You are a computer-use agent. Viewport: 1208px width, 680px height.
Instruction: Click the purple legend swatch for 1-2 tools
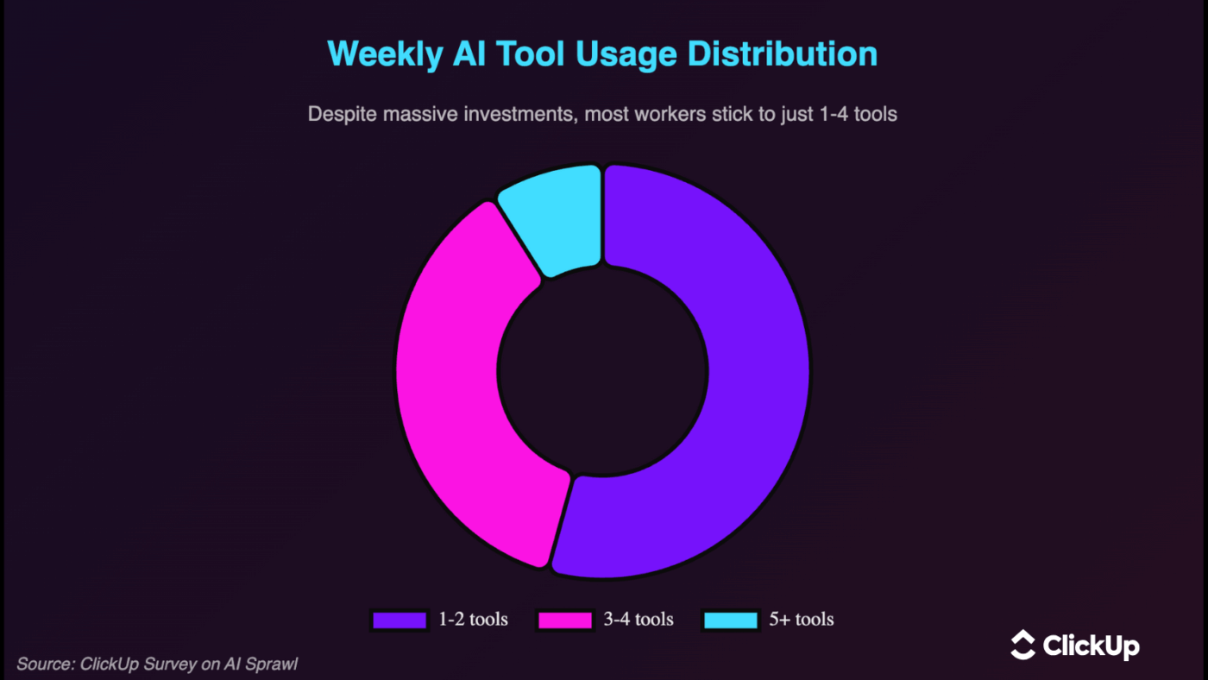pos(400,620)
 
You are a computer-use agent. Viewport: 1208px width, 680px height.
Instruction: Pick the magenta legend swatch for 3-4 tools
pos(565,620)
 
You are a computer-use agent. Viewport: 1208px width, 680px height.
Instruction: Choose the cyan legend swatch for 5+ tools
pos(731,620)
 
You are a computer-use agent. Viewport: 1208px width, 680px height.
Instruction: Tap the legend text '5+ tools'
pos(802,620)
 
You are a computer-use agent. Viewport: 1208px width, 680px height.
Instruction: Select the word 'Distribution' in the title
pos(783,54)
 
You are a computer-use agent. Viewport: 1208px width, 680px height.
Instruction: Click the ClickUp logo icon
pos(1022,645)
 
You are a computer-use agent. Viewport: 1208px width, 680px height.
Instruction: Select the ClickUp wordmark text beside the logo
pos(1091,645)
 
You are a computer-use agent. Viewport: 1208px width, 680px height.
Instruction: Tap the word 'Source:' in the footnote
pos(45,664)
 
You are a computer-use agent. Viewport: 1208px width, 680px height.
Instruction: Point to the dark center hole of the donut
pos(603,371)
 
